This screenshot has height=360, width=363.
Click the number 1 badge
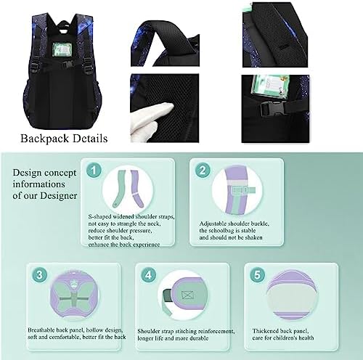[x=94, y=171]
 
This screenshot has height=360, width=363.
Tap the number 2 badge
[x=203, y=171]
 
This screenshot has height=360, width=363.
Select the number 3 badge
[x=39, y=275]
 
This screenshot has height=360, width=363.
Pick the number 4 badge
[x=148, y=275]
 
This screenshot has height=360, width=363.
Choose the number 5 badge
[x=257, y=275]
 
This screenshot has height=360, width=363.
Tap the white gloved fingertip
[x=168, y=107]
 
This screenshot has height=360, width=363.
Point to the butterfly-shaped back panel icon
[x=74, y=295]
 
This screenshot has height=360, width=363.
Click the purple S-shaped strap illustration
[x=137, y=188]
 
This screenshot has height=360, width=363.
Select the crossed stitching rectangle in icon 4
[x=189, y=295]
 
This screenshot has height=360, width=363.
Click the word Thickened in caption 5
[x=265, y=331]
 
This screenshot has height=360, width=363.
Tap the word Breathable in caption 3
[x=41, y=330]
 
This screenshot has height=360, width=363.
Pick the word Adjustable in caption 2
[x=213, y=224]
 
